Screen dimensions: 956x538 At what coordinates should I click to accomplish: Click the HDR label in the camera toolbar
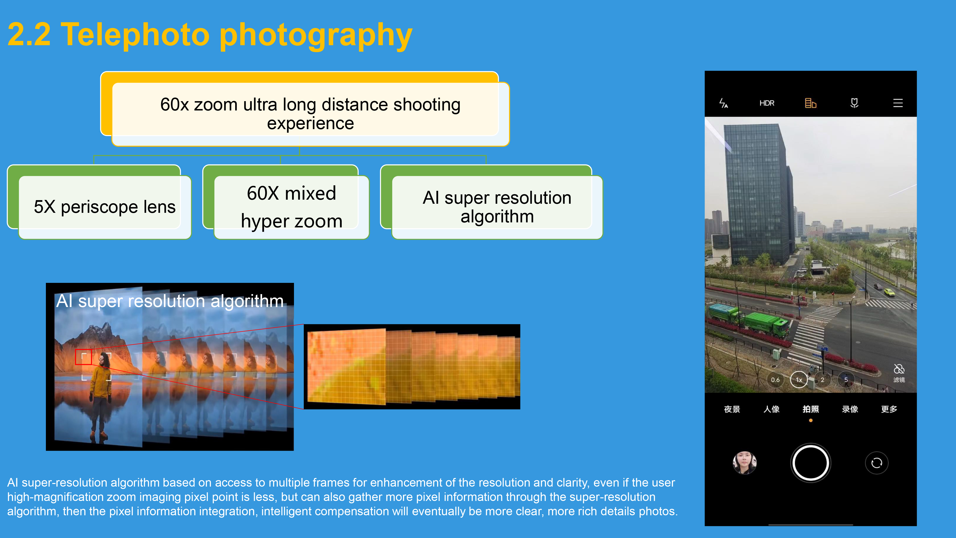tap(767, 103)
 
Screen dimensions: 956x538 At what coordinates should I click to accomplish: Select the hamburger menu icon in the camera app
tap(898, 103)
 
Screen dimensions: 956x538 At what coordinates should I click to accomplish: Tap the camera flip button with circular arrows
tap(877, 463)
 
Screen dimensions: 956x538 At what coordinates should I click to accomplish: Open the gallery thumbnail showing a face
tap(744, 463)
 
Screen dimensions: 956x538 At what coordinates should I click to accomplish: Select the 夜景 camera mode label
tap(732, 409)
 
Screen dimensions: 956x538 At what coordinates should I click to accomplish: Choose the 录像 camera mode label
tap(850, 409)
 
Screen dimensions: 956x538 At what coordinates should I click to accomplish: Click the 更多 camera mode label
tap(889, 409)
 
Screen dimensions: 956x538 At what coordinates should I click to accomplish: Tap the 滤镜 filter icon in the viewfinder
tap(899, 373)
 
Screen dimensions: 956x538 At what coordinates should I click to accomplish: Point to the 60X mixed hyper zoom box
tap(286, 202)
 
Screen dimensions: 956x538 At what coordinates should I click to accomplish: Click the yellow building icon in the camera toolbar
tap(810, 103)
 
